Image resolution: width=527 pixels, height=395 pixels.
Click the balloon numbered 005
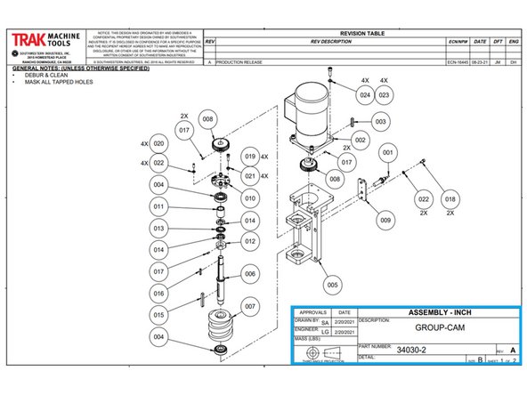click(333, 285)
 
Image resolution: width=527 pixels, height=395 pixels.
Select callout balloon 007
click(250, 306)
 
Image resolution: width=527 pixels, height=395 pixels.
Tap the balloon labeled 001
click(386, 154)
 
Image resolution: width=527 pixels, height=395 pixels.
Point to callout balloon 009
click(385, 219)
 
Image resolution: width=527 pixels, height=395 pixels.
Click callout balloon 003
click(380, 120)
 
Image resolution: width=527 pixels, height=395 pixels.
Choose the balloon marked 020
click(158, 143)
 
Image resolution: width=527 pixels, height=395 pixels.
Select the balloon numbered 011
click(158, 207)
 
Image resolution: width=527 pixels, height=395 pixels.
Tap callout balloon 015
click(158, 314)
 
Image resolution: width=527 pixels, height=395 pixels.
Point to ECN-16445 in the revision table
click(458, 63)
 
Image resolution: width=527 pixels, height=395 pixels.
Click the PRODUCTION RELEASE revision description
click(242, 63)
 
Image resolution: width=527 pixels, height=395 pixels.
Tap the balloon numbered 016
click(158, 293)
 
